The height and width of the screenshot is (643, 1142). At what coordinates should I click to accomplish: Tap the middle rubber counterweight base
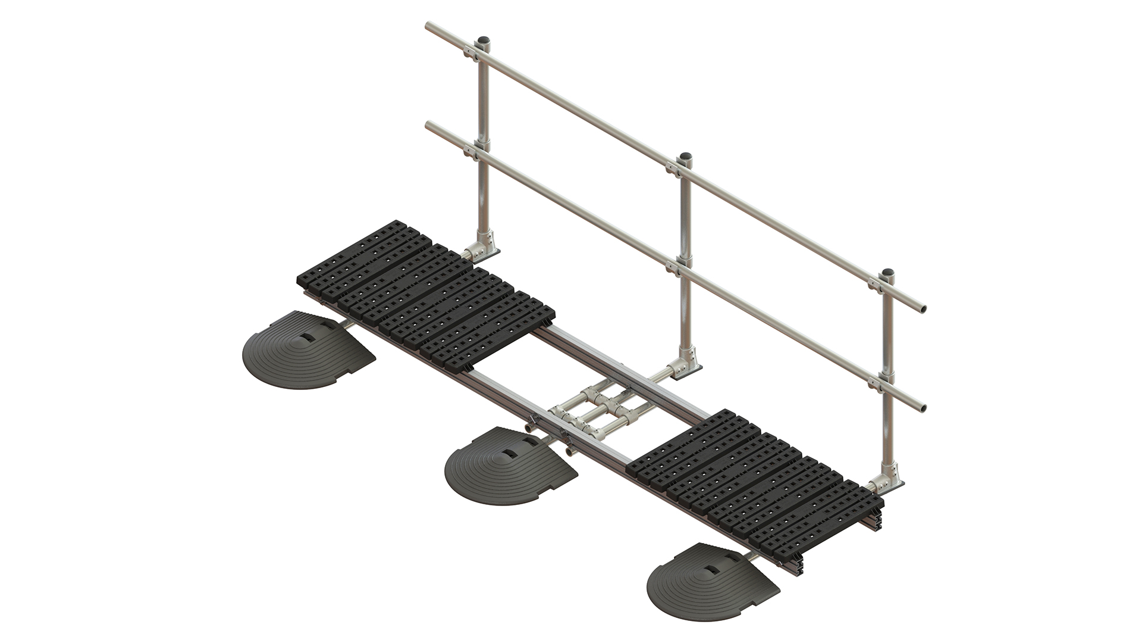point(509,470)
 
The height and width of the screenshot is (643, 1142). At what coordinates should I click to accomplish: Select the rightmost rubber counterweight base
point(711,586)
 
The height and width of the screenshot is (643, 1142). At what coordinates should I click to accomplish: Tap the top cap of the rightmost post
point(887,274)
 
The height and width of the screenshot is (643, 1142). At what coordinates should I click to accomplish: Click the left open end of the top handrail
point(430,26)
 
